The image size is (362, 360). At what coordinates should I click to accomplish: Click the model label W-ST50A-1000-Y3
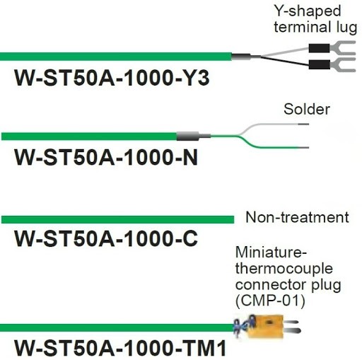(112, 78)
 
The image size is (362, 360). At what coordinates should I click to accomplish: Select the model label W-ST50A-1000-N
(106, 157)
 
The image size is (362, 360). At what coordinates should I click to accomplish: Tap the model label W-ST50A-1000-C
(106, 238)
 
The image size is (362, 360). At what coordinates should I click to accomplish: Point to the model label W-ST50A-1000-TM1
(120, 347)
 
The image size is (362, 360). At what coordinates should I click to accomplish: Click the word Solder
(307, 110)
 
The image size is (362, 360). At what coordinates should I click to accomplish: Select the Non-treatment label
(297, 217)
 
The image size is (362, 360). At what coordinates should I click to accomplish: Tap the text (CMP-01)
(270, 301)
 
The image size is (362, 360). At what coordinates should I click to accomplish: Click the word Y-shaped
(308, 11)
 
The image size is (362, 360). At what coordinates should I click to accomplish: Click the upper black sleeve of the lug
(319, 48)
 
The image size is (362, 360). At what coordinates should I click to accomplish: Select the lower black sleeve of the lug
(320, 64)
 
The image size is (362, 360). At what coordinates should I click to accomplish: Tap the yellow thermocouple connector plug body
(265, 326)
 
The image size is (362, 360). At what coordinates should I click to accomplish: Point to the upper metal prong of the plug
(291, 323)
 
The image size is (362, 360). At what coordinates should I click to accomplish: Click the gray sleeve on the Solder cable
(187, 136)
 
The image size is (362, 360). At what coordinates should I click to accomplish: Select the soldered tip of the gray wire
(303, 124)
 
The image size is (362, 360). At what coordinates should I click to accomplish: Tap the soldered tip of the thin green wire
(303, 148)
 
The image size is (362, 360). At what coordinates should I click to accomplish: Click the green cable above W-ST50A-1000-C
(117, 219)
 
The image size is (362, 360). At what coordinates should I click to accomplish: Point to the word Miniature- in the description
(271, 252)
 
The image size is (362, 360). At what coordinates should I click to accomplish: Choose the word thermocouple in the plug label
(284, 269)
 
